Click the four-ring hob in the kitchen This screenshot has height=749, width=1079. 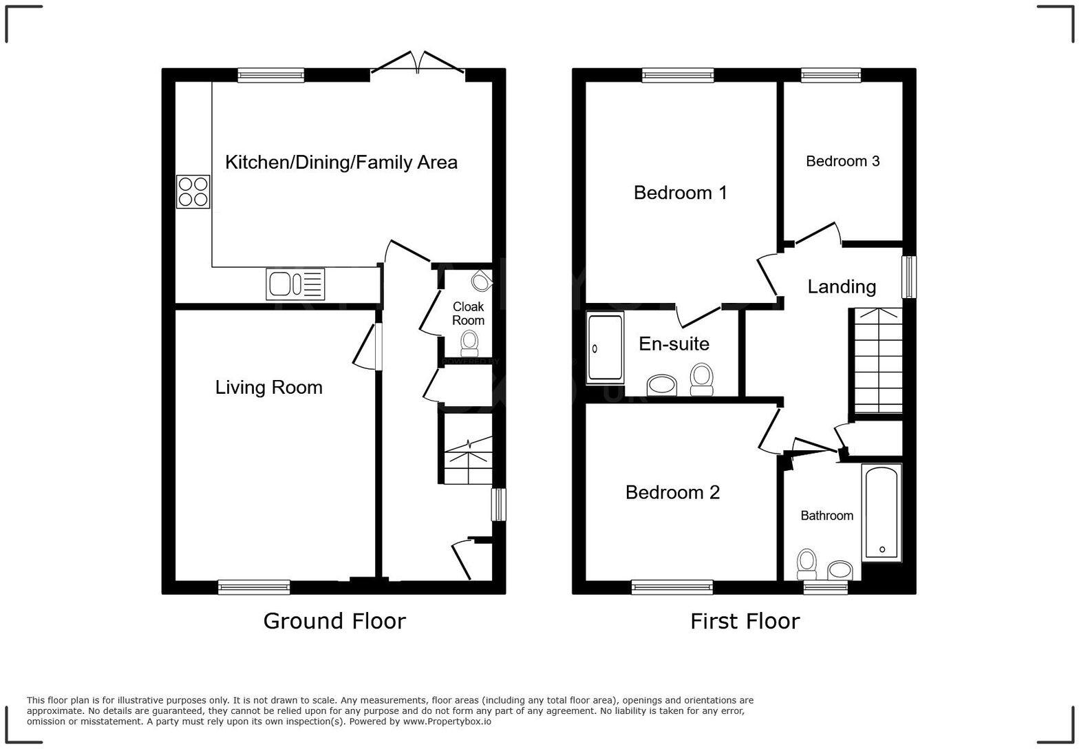coord(193,192)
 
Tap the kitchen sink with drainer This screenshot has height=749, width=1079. coord(295,284)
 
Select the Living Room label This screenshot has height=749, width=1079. coord(268,388)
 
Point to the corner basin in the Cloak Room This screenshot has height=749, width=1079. coord(482,280)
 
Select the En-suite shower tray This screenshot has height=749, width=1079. coord(605,348)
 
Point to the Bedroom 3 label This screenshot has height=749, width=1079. coord(842,161)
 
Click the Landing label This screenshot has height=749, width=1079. coord(841,287)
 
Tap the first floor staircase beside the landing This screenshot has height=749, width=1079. coord(877,361)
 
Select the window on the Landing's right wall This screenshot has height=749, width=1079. coord(909,277)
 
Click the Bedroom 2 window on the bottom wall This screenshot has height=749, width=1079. coord(672,587)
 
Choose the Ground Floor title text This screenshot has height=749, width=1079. coord(334,621)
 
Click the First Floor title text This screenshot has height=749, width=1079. coord(745,621)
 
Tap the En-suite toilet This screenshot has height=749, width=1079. coord(701,379)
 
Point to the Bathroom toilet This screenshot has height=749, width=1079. coord(806,564)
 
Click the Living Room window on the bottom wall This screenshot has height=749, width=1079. coord(254,587)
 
